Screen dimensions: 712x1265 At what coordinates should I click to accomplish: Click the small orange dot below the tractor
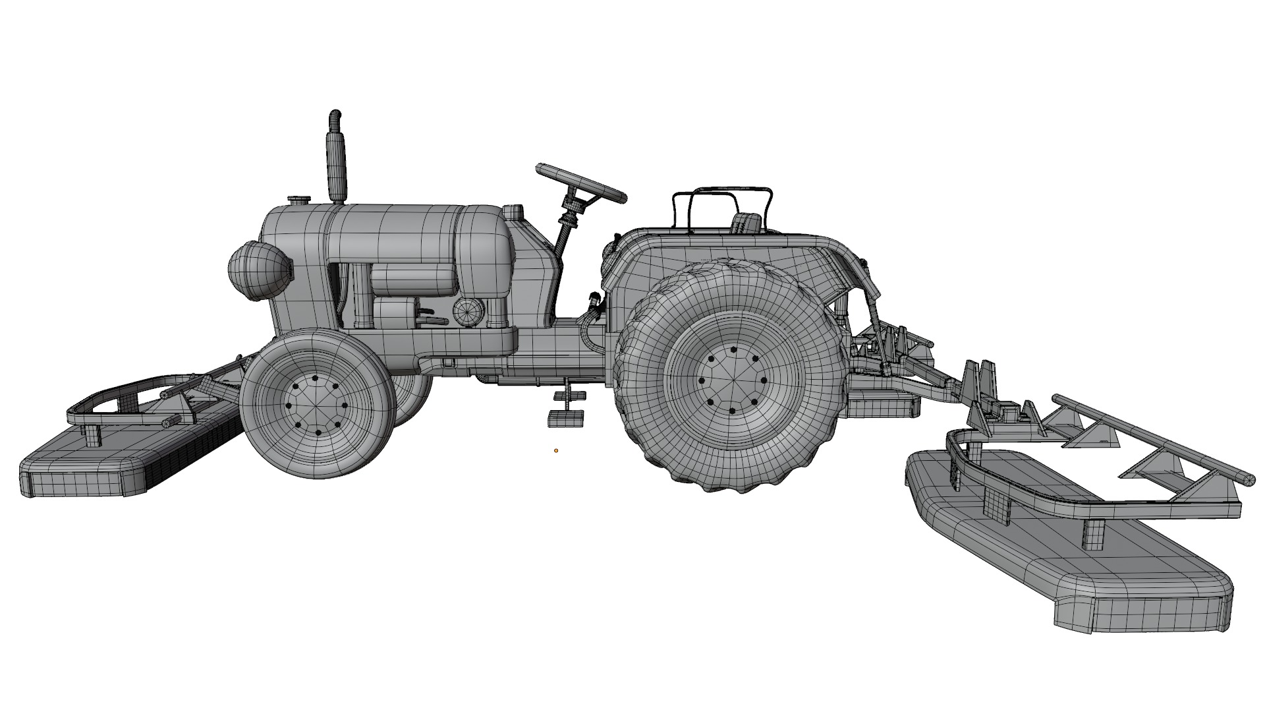pyautogui.click(x=556, y=451)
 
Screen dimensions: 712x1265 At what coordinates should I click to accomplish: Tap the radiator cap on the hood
pyautogui.click(x=299, y=200)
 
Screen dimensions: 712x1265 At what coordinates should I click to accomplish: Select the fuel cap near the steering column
pyautogui.click(x=513, y=213)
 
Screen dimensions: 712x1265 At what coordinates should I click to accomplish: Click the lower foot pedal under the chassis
pyautogui.click(x=566, y=418)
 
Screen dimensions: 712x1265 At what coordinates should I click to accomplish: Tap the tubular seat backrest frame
pyautogui.click(x=721, y=198)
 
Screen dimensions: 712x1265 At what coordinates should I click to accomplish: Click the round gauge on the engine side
pyautogui.click(x=468, y=311)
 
